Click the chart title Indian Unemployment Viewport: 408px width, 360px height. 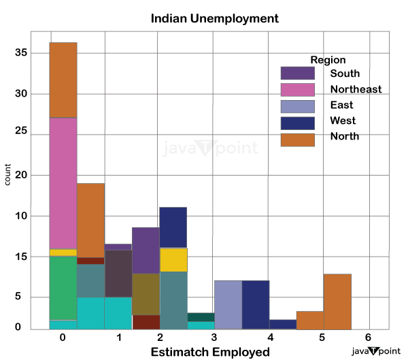coord(215,18)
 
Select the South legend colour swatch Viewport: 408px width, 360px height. coord(297,73)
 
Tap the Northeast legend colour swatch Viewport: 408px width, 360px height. coord(297,89)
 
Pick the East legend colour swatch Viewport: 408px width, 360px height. coord(297,106)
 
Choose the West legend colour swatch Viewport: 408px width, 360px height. coord(297,122)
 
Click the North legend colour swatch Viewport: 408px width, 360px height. coord(297,139)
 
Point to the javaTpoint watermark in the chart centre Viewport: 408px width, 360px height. coord(211,148)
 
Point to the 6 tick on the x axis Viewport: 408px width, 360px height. coord(368,338)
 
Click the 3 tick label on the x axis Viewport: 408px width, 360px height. coord(214,338)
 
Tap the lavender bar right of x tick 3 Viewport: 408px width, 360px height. coord(228,304)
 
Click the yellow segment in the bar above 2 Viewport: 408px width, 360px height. coord(173,259)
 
